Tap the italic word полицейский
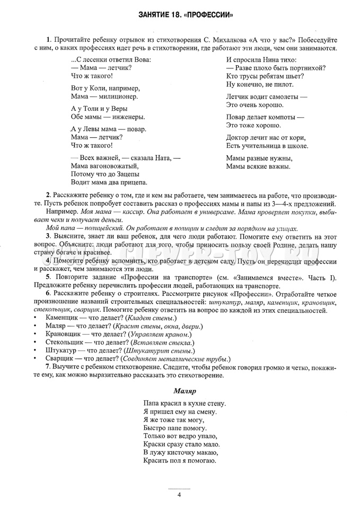point(83,227)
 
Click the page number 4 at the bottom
point(180,495)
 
